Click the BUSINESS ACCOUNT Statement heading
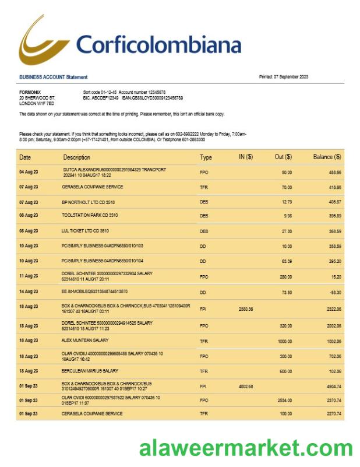coord(54,77)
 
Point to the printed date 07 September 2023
coord(284,77)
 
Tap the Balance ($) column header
coord(327,157)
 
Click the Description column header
coord(77,157)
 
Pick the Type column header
coord(206,157)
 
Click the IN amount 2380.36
coord(246,309)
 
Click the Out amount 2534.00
coord(284,401)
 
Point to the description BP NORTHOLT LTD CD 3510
coord(90,202)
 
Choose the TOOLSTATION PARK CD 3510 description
coord(91,215)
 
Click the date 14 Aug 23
coord(29,291)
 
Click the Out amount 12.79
coord(287,202)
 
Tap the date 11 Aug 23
coord(29,276)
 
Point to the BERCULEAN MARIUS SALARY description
coord(91,370)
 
